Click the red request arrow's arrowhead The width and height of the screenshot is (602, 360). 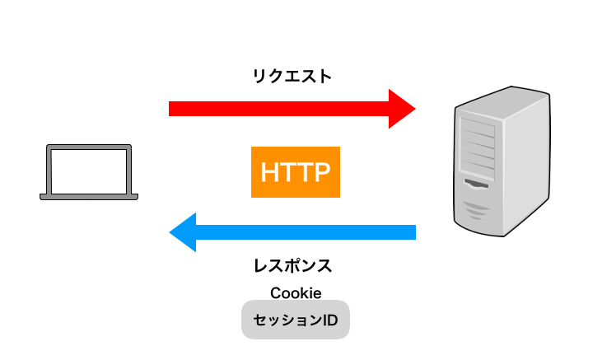point(402,109)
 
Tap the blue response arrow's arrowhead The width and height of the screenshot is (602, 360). point(183,232)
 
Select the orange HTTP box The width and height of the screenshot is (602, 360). point(296,172)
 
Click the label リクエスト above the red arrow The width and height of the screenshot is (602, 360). point(292,77)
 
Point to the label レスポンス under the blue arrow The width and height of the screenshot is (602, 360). point(292,265)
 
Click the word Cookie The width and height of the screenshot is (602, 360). point(295,293)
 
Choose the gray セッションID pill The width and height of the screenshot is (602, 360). point(296,319)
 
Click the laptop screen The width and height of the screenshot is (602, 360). point(89,171)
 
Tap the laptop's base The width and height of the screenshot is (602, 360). point(89,197)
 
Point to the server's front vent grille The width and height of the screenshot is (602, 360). point(478,209)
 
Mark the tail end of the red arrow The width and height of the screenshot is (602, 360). point(173,109)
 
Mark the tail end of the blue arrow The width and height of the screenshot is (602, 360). point(412,232)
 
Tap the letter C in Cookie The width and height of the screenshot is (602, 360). point(275,293)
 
